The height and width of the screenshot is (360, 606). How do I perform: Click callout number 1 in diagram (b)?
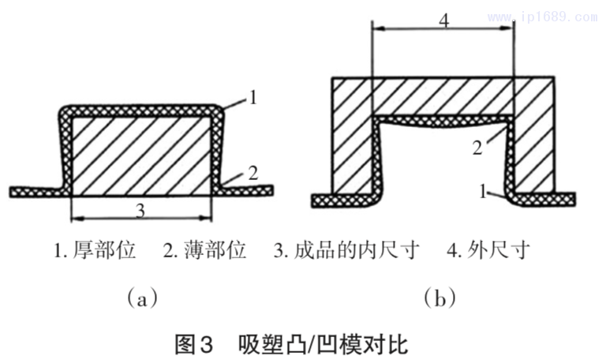pyautogui.click(x=482, y=190)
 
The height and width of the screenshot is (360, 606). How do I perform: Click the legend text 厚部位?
pyautogui.click(x=107, y=252)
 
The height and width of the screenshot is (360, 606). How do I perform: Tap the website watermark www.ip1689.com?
pyautogui.click(x=544, y=13)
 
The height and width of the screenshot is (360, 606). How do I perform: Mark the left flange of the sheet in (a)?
pyautogui.click(x=36, y=192)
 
